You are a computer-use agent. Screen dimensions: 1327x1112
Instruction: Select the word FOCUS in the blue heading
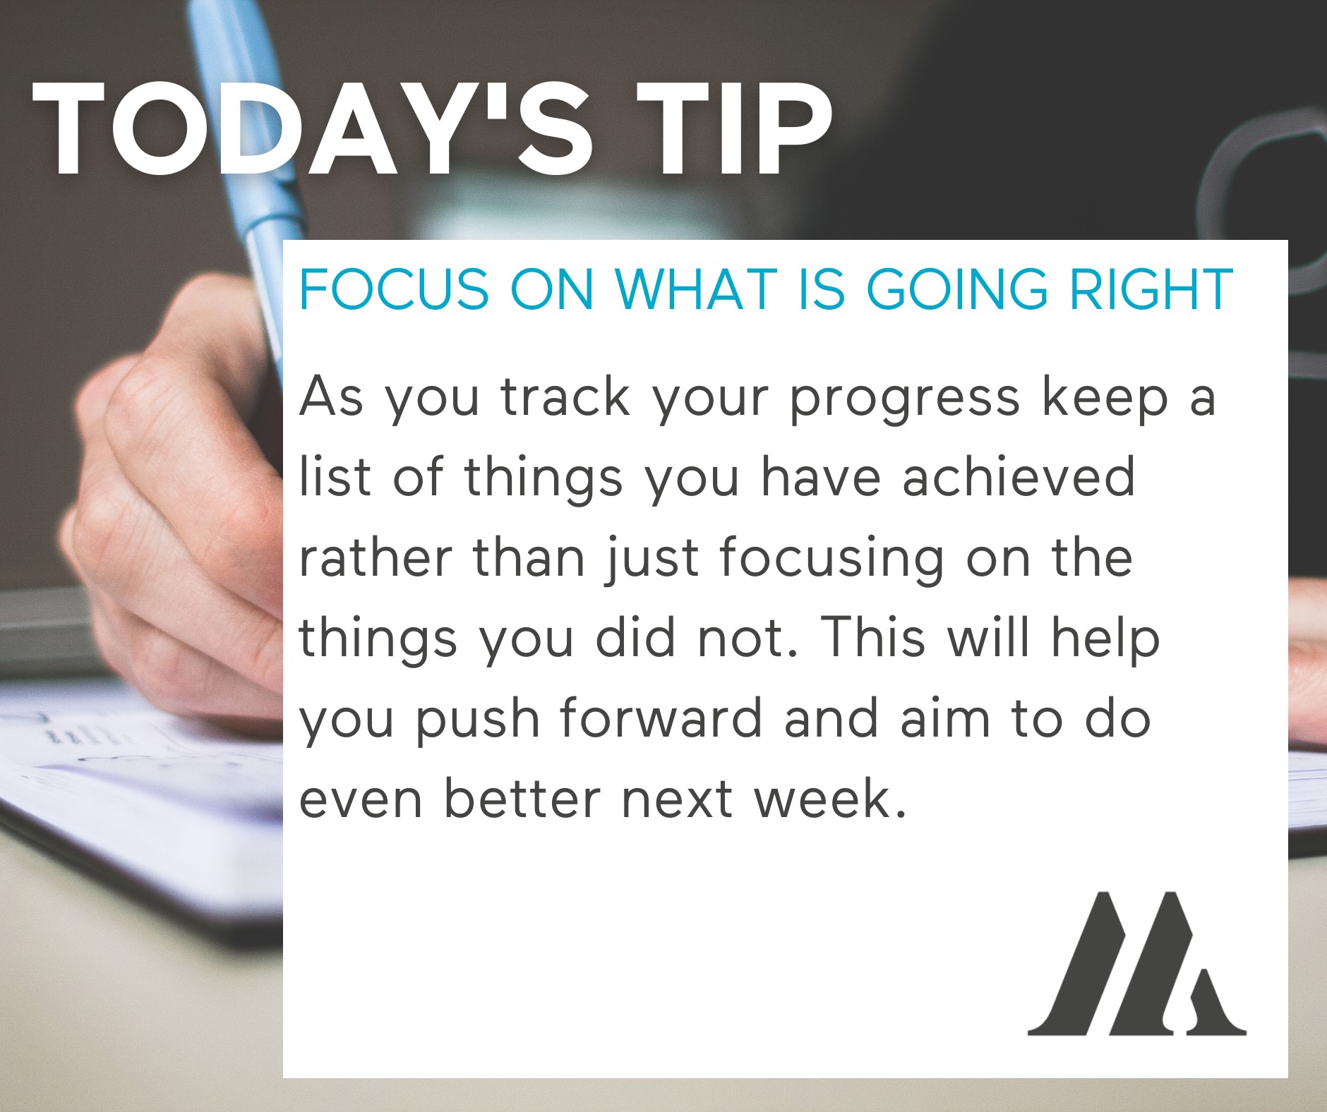(x=394, y=289)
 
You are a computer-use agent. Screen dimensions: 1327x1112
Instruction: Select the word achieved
(x=1019, y=477)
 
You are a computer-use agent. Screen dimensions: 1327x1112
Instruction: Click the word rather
(x=376, y=557)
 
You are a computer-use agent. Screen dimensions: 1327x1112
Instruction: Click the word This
(x=874, y=637)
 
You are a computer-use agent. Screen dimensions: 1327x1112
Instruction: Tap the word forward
(x=661, y=718)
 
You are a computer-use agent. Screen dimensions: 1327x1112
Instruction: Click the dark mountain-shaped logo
(x=1137, y=962)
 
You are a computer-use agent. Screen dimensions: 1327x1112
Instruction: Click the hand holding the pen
(x=176, y=494)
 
